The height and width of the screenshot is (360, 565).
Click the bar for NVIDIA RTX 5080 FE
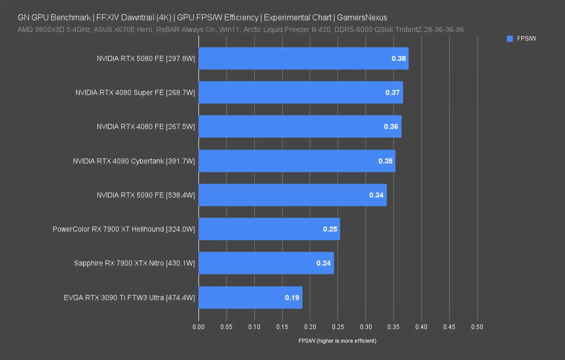tap(303, 58)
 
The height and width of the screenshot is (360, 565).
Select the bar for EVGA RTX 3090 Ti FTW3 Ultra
tap(250, 298)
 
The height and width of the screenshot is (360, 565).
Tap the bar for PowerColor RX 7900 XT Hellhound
tap(269, 229)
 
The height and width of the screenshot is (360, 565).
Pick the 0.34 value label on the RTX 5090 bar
tap(376, 195)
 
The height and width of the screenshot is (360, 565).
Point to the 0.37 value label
tap(392, 93)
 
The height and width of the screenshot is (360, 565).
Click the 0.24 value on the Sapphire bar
tap(323, 263)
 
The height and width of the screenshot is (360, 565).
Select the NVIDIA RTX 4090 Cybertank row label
tap(134, 161)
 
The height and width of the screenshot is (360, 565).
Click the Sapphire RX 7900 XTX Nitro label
tap(134, 263)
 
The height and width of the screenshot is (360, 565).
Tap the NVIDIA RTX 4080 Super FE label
tap(135, 93)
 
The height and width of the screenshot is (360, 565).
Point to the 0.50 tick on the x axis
tap(477, 327)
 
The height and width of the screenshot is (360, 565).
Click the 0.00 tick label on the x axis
tap(198, 327)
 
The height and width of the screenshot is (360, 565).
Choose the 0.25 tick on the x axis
tap(338, 327)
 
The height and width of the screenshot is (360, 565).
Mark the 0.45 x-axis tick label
tap(449, 327)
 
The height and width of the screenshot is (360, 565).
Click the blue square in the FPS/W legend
tap(510, 39)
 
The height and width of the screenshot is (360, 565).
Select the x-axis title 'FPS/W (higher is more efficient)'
tap(337, 341)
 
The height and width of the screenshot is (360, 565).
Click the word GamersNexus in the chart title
tap(362, 18)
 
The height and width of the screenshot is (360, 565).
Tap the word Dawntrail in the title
tap(138, 18)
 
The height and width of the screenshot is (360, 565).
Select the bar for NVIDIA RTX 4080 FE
tap(300, 127)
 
